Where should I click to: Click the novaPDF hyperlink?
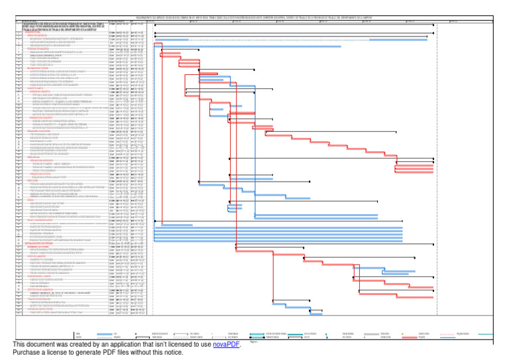coord(226,345)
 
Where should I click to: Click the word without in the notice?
coord(143,353)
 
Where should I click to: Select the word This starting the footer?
coord(19,345)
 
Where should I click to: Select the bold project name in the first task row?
coord(60,25)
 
